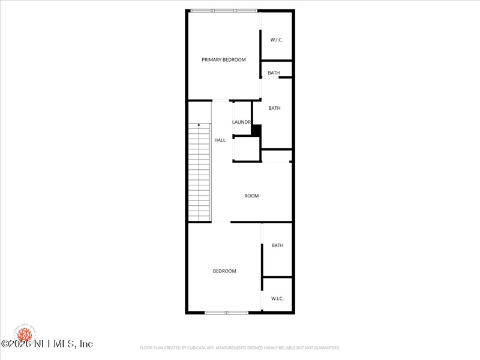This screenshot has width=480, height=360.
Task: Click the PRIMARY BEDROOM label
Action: click(223, 59)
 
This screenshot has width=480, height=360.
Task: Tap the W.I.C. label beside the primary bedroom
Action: click(277, 40)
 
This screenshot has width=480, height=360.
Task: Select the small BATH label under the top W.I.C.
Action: click(274, 73)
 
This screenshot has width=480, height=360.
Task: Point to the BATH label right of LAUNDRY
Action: click(274, 108)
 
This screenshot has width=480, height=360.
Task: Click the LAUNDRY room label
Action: click(241, 122)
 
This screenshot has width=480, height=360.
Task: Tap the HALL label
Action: click(220, 140)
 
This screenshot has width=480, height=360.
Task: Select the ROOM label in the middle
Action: click(251, 196)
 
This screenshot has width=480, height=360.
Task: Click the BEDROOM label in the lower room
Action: click(224, 271)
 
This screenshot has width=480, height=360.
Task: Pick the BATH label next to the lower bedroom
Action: click(277, 245)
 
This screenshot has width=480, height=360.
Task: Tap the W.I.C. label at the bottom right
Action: click(277, 298)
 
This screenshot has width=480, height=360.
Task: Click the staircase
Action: click(199, 174)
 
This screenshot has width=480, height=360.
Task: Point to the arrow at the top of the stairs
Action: click(199, 125)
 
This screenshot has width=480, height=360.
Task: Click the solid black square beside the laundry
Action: click(256, 130)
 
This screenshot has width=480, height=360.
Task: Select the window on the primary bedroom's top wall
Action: click(224, 10)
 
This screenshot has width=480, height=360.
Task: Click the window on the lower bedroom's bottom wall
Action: click(226, 313)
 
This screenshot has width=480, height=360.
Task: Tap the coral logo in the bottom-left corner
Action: click(25, 333)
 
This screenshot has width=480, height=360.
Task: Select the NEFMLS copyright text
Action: click(47, 344)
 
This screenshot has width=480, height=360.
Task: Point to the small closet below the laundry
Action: click(247, 149)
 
